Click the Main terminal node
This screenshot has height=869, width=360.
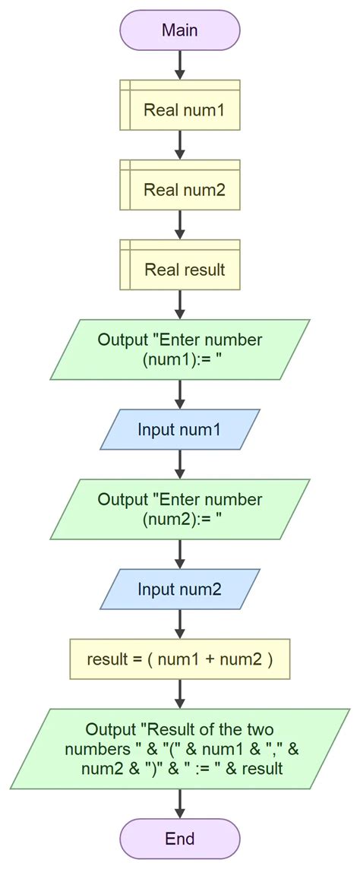click(x=180, y=30)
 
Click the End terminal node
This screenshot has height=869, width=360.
click(x=180, y=839)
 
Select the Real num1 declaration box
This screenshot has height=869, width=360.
click(x=180, y=110)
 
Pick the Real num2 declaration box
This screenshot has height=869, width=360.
click(x=180, y=190)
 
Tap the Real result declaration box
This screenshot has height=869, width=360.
click(x=180, y=270)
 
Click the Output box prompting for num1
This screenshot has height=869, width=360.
click(x=180, y=349)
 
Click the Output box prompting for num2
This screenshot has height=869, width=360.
click(x=180, y=509)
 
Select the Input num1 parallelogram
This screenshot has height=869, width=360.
click(x=180, y=429)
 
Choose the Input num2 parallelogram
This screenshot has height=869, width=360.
click(x=180, y=589)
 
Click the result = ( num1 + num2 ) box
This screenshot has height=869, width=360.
click(x=180, y=659)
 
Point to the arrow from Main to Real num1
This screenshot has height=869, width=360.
click(x=180, y=65)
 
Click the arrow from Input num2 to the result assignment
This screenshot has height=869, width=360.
click(x=180, y=623)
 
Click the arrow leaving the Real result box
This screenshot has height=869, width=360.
click(x=180, y=305)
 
